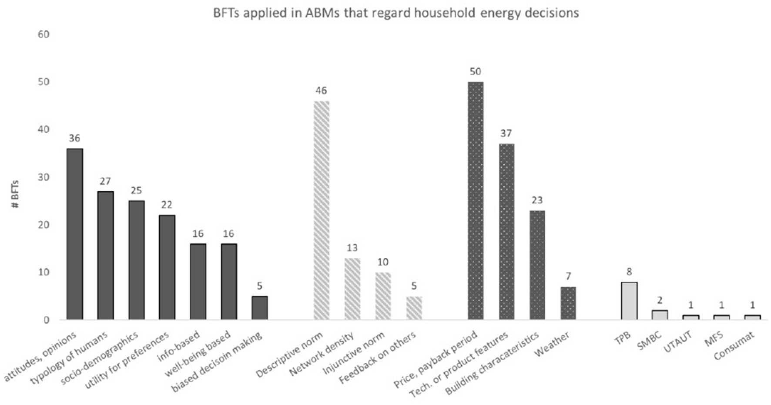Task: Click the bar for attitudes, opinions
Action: tap(74, 234)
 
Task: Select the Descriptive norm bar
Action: tap(321, 210)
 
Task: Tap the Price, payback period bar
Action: tap(475, 201)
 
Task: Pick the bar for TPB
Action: tap(629, 301)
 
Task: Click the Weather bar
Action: tap(568, 303)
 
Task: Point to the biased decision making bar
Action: tap(259, 308)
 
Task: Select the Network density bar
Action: tap(352, 289)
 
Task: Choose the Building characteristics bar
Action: tap(537, 265)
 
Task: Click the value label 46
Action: tap(321, 91)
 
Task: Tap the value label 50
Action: tap(475, 71)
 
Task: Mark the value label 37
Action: tap(506, 133)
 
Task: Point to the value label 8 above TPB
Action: tap(629, 272)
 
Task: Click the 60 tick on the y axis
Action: tap(44, 34)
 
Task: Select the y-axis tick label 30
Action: tap(44, 177)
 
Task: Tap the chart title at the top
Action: tap(396, 13)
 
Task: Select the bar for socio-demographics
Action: tap(136, 260)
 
